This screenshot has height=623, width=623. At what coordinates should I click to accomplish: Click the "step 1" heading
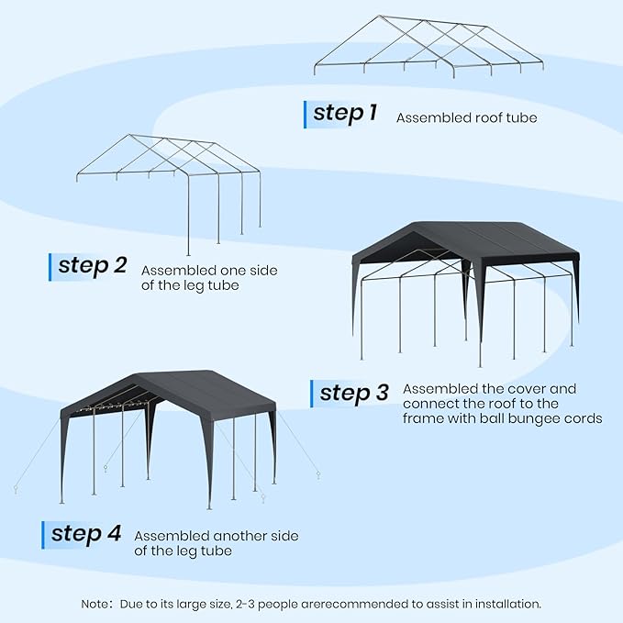tap(345, 113)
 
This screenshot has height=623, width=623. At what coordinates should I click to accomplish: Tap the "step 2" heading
tap(93, 265)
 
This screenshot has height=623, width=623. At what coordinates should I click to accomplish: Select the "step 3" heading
tap(354, 393)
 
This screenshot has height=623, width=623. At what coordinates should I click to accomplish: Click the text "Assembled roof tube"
tap(466, 117)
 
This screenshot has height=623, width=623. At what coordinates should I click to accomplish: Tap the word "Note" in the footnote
tap(96, 604)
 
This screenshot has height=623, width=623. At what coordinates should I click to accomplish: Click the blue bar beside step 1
tap(306, 114)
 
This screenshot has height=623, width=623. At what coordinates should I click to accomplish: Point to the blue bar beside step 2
tap(50, 266)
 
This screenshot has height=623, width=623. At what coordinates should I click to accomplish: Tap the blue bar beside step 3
tap(312, 394)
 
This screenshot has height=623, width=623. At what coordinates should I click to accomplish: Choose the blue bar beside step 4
tap(43, 534)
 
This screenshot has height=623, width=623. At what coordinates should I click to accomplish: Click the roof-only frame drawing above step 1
tap(429, 46)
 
